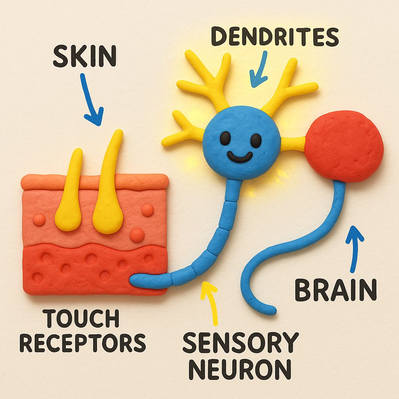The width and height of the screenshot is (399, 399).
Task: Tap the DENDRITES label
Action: coord(275,37)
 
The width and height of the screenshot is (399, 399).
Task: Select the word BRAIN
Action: coord(335,290)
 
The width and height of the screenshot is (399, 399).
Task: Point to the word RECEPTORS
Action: coord(83,343)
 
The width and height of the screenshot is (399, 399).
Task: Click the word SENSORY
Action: coord(240,343)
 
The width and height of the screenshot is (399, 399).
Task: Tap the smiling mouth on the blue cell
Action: coord(240,157)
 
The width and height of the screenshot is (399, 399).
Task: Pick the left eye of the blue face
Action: coord(225,137)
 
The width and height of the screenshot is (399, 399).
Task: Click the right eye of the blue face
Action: coord(255,140)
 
